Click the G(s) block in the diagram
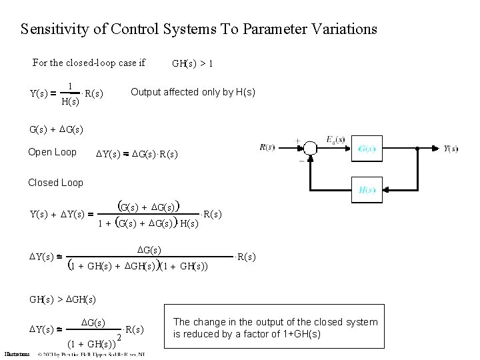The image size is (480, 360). pos(369,147)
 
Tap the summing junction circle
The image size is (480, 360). pos(310,148)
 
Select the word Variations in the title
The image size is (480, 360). pos(343,29)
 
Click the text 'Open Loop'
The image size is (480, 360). pos(52,152)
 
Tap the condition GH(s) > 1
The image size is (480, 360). pos(192,64)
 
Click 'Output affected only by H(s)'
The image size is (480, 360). pos(193,91)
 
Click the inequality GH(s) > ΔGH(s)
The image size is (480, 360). pos(63,299)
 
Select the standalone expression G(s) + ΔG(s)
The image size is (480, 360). pos(57,128)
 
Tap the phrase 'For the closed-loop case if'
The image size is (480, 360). pos(89,63)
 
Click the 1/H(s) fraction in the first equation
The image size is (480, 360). pos(70,94)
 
